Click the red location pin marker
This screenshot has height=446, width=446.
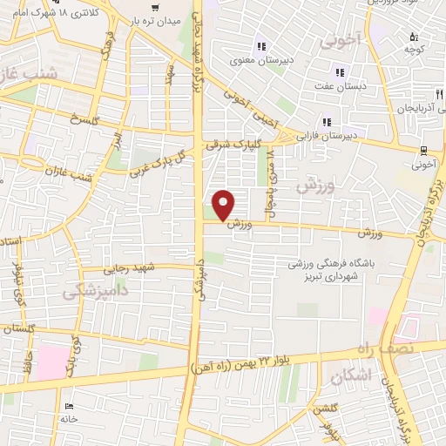pyautogui.click(x=225, y=204)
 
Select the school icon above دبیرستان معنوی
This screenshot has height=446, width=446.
pyautogui.click(x=260, y=46)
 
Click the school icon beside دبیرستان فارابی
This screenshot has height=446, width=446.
pyautogui.click(x=328, y=122)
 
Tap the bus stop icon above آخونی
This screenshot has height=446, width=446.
pyautogui.click(x=423, y=149)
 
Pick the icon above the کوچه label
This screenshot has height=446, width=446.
pyautogui.click(x=414, y=37)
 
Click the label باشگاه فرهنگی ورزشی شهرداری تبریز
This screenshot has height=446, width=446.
pyautogui.click(x=332, y=267)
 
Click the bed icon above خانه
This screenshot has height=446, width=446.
pyautogui.click(x=69, y=406)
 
